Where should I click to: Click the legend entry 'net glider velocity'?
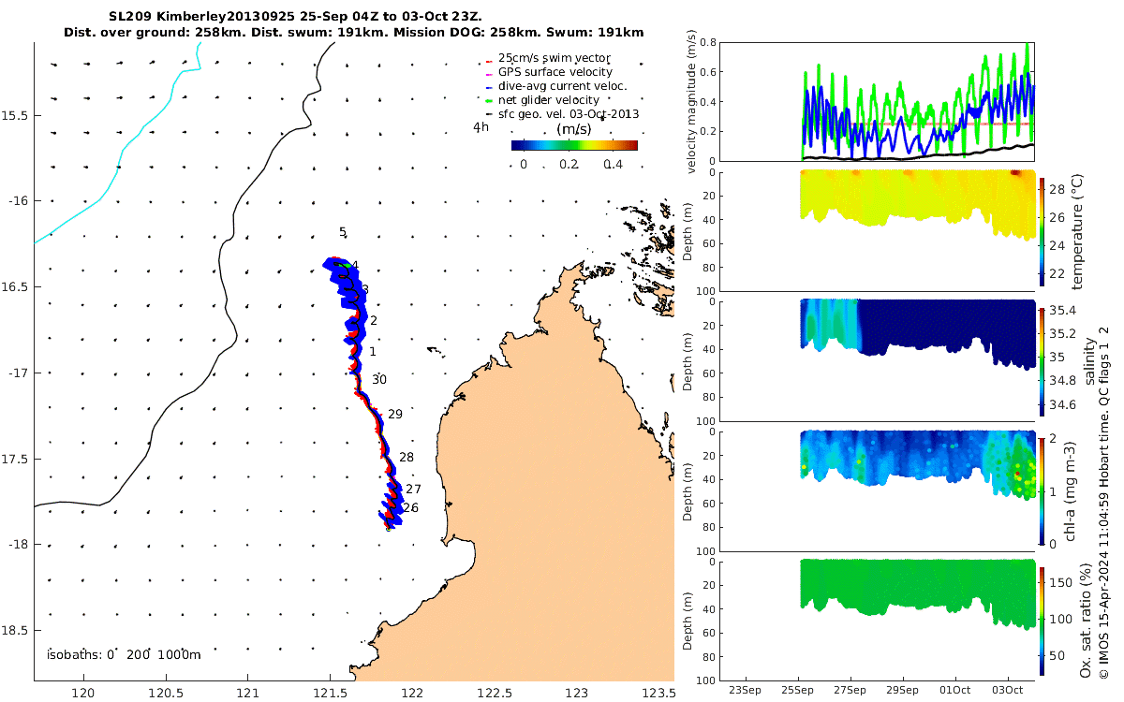(549, 100)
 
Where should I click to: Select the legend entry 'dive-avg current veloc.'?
(563, 86)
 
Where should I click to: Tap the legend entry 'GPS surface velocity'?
(555, 72)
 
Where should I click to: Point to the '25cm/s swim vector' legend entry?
(554, 58)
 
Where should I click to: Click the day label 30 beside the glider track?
(379, 380)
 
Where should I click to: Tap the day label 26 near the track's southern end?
(411, 508)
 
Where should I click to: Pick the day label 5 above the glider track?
(343, 232)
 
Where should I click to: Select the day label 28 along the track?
(407, 458)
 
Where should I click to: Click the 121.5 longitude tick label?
(330, 693)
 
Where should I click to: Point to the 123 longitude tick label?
(577, 693)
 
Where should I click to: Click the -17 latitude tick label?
(18, 373)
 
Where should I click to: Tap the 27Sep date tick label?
(850, 690)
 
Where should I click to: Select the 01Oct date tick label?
(954, 690)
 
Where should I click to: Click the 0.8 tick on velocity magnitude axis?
(708, 43)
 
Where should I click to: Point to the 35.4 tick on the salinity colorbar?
(1063, 311)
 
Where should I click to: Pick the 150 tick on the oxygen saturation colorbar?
(1061, 582)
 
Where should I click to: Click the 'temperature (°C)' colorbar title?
(1077, 232)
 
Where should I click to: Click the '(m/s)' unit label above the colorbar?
(574, 129)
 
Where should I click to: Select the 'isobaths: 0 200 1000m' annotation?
(124, 655)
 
